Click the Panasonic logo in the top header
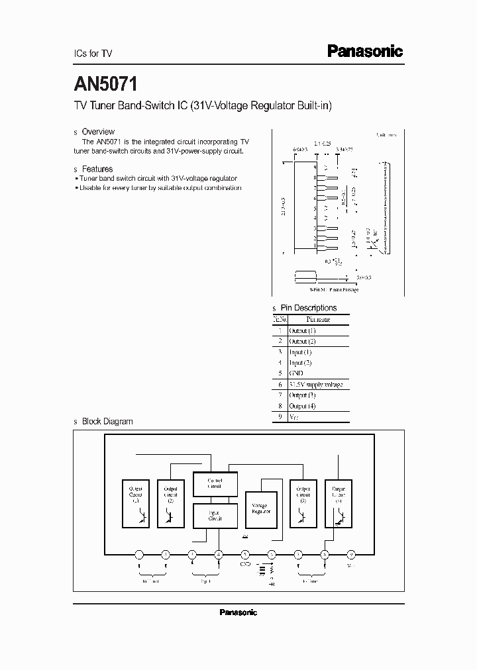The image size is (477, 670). tap(365, 51)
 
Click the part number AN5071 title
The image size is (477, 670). tap(105, 85)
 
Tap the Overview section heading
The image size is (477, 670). tap(97, 132)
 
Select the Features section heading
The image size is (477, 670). tap(97, 169)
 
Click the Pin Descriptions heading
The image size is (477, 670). tap(308, 308)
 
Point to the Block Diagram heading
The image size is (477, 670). tap(107, 421)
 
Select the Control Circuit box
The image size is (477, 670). tap(215, 484)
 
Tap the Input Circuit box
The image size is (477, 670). tap(215, 515)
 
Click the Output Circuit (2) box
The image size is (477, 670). tap(171, 503)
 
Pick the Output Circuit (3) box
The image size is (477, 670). tap(303, 503)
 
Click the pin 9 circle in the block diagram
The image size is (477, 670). tap(352, 554)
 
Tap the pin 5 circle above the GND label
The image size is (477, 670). tap(245, 554)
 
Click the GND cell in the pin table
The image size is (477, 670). tap(297, 373)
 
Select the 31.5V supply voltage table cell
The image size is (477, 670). tap(316, 384)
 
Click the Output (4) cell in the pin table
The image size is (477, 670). tap(302, 406)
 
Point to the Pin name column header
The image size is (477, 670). tap(318, 319)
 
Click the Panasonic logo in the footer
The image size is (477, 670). tap(238, 612)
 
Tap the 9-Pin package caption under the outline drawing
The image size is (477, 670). tap(334, 289)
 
